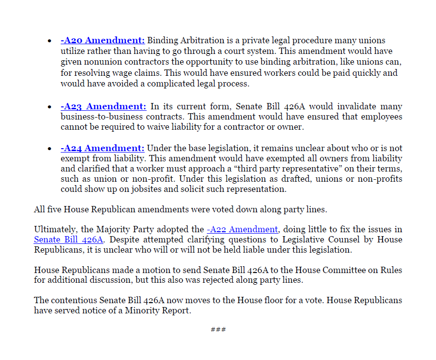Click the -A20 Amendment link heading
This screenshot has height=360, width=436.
coord(102,40)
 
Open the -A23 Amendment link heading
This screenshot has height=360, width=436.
coord(103,106)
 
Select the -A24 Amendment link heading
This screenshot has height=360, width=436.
coord(102,148)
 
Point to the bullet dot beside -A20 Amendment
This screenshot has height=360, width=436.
coord(50,41)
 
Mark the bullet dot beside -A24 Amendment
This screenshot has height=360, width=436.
coord(50,149)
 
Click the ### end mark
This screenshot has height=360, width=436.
coord(218,330)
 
